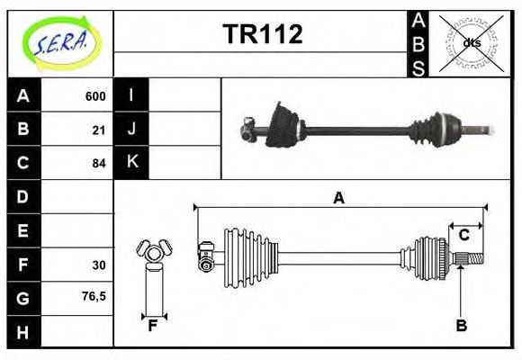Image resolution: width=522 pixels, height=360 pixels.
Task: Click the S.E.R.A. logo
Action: pyautogui.click(x=60, y=41)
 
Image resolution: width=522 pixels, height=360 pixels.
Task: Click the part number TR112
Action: pyautogui.click(x=262, y=34)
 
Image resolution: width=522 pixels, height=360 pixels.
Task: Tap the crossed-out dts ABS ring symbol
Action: pyautogui.click(x=471, y=42)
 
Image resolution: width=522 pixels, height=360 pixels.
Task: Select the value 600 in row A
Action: pyautogui.click(x=95, y=96)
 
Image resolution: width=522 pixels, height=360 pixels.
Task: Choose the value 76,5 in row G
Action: pyautogui.click(x=94, y=296)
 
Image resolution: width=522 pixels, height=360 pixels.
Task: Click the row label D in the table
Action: pyautogui.click(x=23, y=196)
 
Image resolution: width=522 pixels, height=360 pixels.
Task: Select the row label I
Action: pyautogui.click(x=132, y=95)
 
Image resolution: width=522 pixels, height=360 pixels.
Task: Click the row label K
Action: pyautogui.click(x=132, y=163)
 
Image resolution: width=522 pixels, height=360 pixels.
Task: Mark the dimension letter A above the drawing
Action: pyautogui.click(x=339, y=199)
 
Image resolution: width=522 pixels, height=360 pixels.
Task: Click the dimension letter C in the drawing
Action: pyautogui.click(x=464, y=235)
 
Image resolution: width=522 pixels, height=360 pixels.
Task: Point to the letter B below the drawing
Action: pyautogui.click(x=461, y=326)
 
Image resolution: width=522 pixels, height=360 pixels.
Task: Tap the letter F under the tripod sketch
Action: pyautogui.click(x=153, y=326)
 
